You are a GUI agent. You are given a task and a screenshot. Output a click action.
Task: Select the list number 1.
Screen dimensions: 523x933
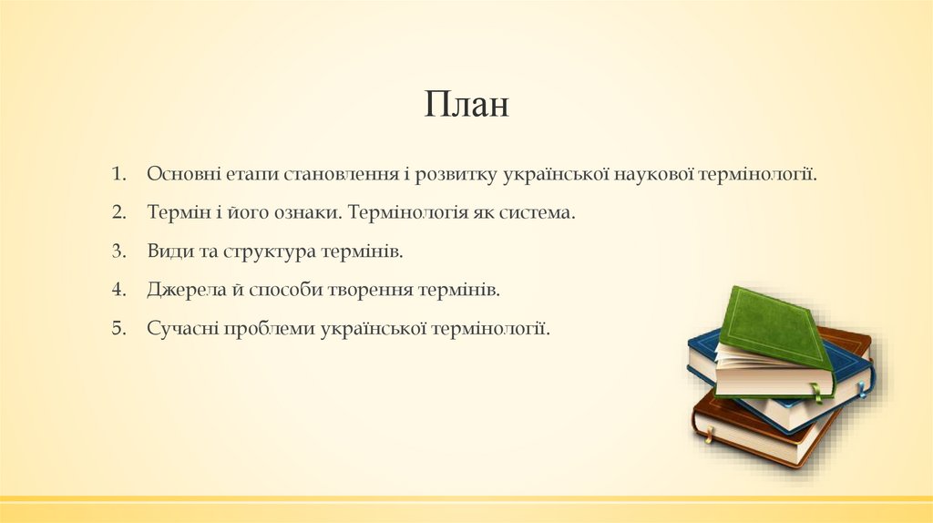[118, 173]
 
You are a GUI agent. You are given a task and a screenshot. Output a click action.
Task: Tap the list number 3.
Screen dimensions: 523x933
[118, 251]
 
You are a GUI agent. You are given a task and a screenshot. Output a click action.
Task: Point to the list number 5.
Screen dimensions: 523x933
[118, 328]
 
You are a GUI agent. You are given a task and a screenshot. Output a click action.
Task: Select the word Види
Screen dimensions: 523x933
[167, 251]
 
